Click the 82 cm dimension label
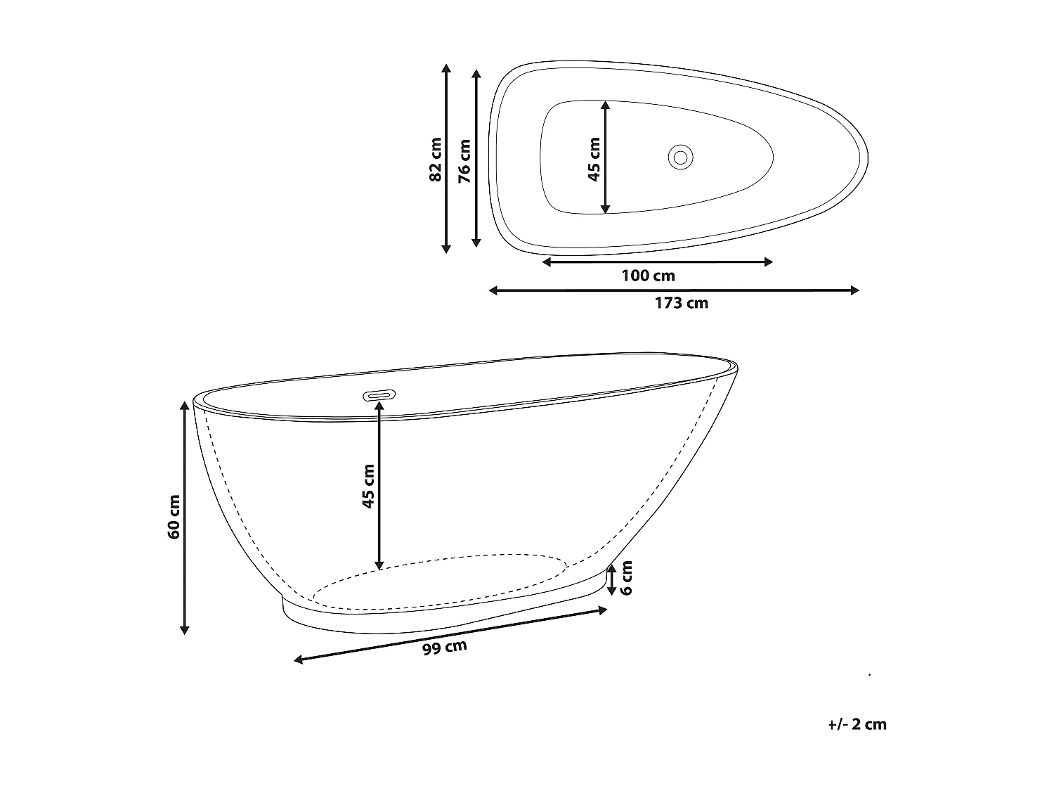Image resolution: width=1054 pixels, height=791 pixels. point(436,160)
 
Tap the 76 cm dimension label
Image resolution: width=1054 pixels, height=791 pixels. point(464,161)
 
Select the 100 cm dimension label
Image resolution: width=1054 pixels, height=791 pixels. point(648,276)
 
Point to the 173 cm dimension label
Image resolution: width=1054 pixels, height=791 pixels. point(681,303)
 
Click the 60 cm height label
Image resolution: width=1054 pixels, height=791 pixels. point(174,517)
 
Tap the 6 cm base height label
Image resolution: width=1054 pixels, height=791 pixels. point(627,577)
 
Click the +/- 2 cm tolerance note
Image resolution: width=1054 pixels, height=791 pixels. point(857,724)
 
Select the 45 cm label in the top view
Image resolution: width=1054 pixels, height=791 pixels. point(594,160)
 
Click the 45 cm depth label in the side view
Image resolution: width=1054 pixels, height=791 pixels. point(368,485)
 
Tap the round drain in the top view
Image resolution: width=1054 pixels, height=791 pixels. point(680,155)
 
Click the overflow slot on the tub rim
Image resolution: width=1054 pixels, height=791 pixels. point(379,396)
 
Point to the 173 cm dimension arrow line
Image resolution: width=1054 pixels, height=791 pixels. point(674,290)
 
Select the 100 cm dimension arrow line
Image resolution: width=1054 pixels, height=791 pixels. point(658,262)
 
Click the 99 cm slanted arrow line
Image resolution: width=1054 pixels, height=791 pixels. point(450,635)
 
